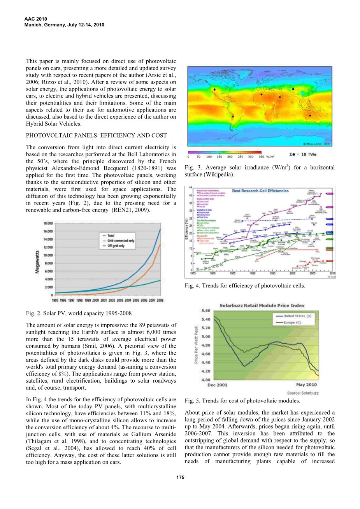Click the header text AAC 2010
35,19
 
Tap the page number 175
180,477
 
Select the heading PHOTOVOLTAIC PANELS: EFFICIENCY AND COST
96,135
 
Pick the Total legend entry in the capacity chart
111,236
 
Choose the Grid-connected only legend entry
121,241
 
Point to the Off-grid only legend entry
116,246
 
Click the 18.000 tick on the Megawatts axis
48,223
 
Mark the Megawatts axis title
37,262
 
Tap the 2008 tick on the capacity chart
160,300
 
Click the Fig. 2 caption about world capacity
79,313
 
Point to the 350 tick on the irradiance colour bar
261,157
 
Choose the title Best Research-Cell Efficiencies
260,191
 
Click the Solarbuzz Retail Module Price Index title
262,306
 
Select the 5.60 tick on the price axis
205,311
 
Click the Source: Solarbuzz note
303,393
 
